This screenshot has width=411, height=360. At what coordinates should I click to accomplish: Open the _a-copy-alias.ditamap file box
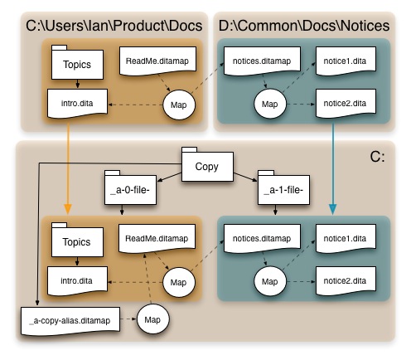pos(70,320)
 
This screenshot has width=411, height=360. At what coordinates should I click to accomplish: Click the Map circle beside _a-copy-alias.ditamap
pos(152,319)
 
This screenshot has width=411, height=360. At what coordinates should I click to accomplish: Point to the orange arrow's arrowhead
pos(68,209)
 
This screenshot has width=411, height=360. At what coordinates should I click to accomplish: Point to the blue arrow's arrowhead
pos(333,209)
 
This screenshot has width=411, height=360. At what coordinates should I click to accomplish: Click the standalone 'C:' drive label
pos(377,157)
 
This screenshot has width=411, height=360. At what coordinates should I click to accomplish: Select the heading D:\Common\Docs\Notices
pos(304,26)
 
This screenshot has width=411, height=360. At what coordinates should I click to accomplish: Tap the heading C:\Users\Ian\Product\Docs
pos(114,26)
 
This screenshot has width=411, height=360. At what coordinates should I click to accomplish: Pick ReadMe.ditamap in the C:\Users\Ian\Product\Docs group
pos(157,61)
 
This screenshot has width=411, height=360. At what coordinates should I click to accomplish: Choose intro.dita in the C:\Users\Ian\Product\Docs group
pos(77,104)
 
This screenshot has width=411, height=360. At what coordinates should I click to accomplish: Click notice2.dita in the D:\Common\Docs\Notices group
pos(346,104)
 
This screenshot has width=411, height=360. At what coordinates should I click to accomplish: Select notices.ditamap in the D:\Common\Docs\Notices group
pos(262,61)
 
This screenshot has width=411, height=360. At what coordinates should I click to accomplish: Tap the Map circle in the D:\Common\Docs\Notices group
pos(270,104)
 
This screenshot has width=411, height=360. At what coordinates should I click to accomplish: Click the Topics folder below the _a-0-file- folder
pos(77,240)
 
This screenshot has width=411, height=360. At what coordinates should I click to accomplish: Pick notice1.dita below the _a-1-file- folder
pos(346,238)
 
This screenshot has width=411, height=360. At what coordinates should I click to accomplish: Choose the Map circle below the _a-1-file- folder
pos(270,281)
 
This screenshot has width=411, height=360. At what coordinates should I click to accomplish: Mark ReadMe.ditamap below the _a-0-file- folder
pos(157,238)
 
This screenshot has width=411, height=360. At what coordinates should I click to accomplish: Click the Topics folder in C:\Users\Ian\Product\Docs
pos(77,62)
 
